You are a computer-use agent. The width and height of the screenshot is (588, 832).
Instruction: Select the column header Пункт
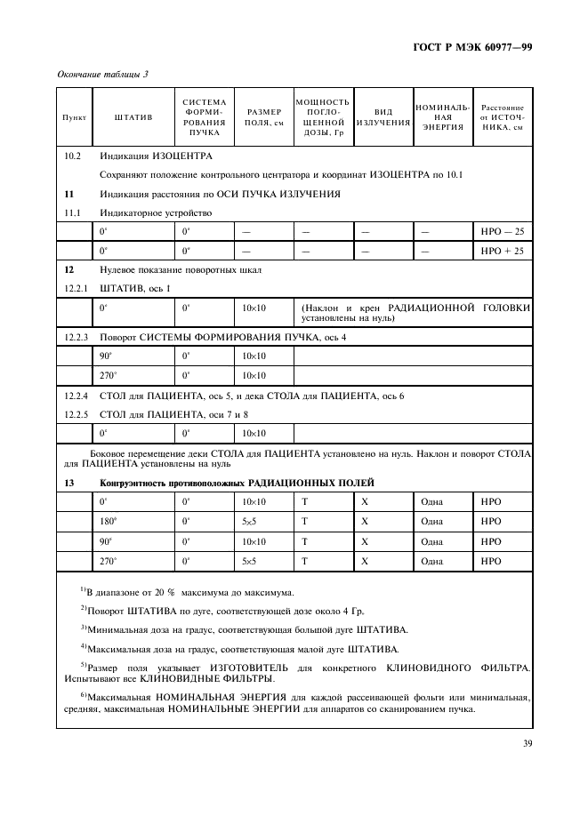coord(73,116)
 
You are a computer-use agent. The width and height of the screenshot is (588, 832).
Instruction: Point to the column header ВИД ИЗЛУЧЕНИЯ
coord(383,116)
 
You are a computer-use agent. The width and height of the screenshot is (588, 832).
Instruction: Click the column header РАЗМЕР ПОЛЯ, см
coord(263,116)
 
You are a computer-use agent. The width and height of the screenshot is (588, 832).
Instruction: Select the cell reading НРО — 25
coord(503,231)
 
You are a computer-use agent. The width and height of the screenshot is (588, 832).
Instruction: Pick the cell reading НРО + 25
coord(503,251)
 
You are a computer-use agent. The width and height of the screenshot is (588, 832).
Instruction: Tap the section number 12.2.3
coord(77,338)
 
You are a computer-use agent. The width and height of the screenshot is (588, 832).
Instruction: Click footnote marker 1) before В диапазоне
coord(83,589)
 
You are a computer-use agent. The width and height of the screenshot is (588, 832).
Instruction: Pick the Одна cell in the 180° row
coord(431,522)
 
